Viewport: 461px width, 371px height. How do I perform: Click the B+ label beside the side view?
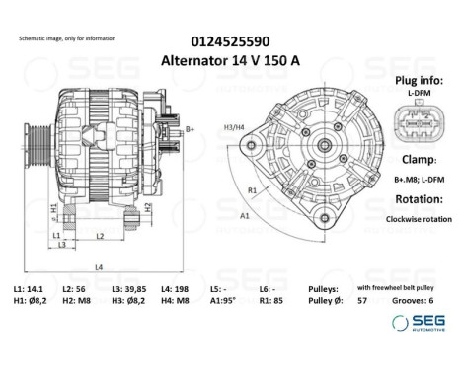pyautogui.click(x=190, y=129)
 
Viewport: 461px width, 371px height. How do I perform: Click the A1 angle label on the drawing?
pyautogui.click(x=243, y=213)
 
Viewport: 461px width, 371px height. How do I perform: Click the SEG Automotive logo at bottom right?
pyautogui.click(x=418, y=322)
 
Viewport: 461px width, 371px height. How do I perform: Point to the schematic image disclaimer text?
pyautogui.click(x=67, y=37)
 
